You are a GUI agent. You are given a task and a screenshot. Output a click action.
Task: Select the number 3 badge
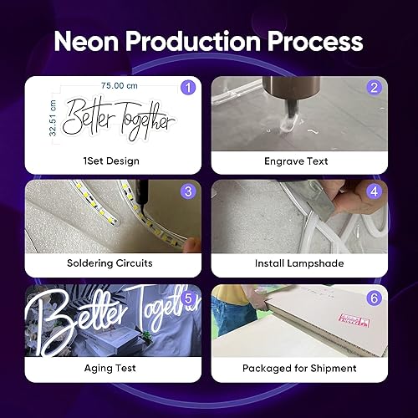tap(188, 191)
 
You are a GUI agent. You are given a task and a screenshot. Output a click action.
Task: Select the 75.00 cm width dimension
tap(118, 86)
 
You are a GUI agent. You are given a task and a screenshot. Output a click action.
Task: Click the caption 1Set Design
tap(112, 161)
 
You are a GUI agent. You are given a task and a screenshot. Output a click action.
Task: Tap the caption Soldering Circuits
tap(112, 264)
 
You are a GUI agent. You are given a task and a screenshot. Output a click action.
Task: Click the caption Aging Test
tap(112, 368)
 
